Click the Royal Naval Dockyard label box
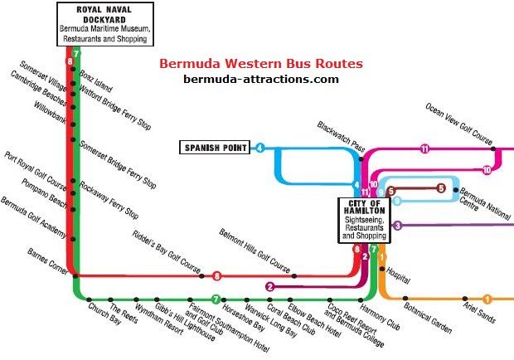[x=104, y=23]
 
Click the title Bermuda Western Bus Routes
[x=259, y=64]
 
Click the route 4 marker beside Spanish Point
[x=259, y=148]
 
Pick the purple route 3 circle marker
[x=398, y=225]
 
